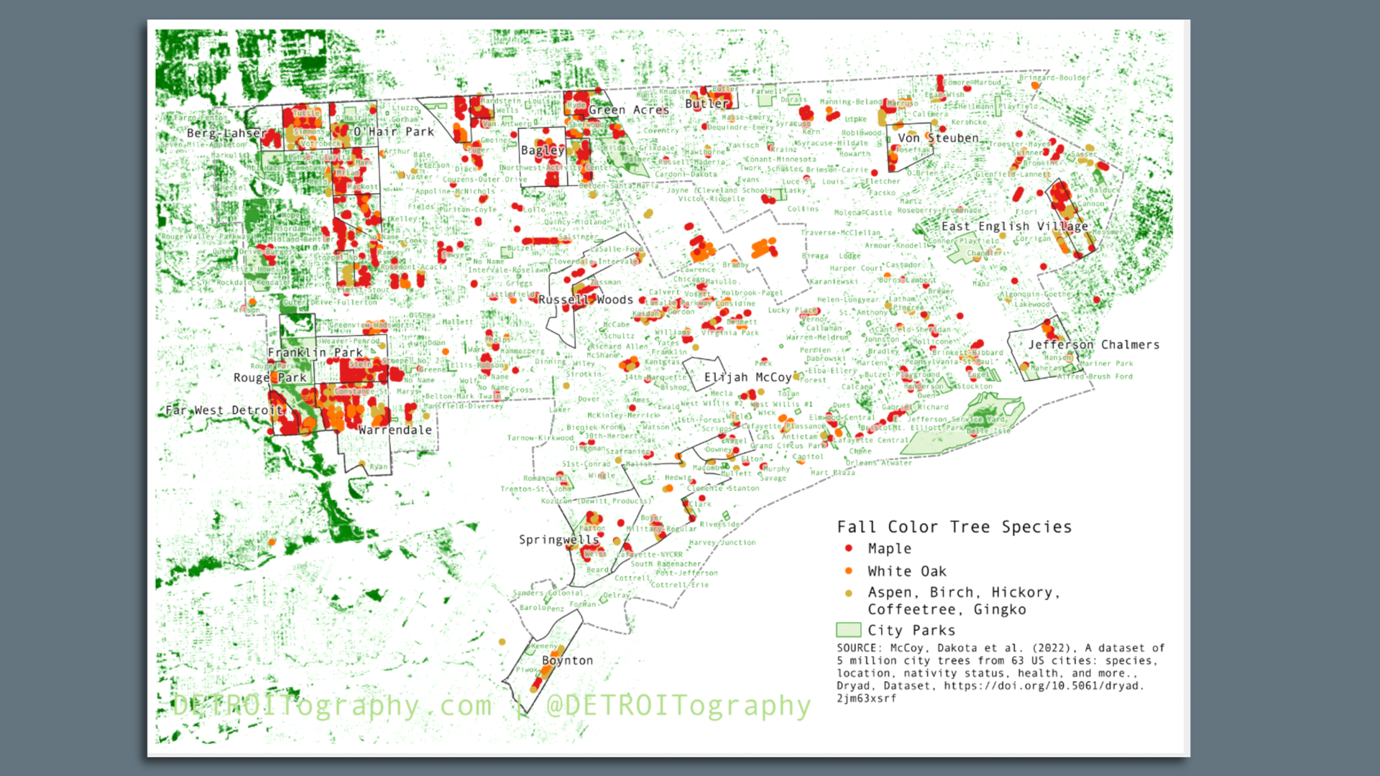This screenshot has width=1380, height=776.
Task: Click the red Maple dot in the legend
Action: tap(849, 548)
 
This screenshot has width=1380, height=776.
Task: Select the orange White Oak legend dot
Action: tap(849, 571)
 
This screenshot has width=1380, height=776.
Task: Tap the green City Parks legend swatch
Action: tap(848, 630)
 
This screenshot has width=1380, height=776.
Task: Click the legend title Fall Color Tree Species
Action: tap(954, 527)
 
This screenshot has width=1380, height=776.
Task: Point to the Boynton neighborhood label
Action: tap(567, 660)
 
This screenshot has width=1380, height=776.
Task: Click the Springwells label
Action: tap(558, 540)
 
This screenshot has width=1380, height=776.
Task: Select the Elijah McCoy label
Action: tap(747, 377)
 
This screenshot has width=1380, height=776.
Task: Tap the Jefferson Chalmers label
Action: tap(1093, 345)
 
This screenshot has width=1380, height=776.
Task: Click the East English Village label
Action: tap(1014, 226)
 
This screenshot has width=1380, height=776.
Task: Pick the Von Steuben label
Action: tap(938, 138)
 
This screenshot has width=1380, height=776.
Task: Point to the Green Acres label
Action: tap(628, 110)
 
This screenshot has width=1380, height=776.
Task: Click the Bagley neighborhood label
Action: tap(543, 150)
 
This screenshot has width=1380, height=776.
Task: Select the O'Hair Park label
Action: tap(393, 131)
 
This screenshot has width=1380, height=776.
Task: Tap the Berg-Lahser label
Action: tap(226, 133)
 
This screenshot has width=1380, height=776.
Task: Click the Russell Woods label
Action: tap(585, 300)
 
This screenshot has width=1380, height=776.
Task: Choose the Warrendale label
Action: tap(395, 430)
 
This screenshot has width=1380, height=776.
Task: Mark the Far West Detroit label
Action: tap(224, 410)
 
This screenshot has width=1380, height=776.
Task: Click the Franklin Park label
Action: tap(315, 353)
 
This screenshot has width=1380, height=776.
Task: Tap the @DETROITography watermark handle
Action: tap(678, 706)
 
